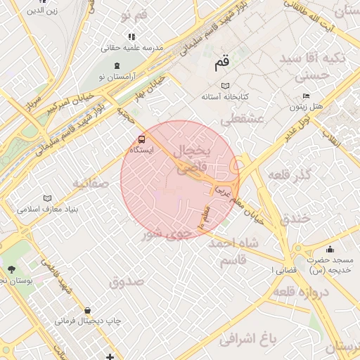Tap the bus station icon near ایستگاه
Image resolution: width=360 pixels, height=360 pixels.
[x=142, y=139]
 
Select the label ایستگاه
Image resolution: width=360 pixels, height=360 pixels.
[x=143, y=150]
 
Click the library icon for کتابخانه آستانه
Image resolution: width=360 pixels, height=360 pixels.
[x=226, y=85]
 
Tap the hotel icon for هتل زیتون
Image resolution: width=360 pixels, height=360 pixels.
[x=305, y=96]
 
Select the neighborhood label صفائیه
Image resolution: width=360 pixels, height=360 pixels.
[x=90, y=184]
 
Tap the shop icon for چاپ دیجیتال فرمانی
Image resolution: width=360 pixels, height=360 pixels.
[x=87, y=310]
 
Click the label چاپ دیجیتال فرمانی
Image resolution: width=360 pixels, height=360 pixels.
[x=88, y=321]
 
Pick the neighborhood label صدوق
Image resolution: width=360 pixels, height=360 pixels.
[x=127, y=281]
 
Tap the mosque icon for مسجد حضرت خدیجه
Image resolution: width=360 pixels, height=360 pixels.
[x=330, y=249]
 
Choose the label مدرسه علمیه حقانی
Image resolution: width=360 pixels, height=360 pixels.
[x=132, y=47]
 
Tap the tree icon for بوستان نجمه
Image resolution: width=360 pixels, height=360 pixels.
[x=11, y=269]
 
